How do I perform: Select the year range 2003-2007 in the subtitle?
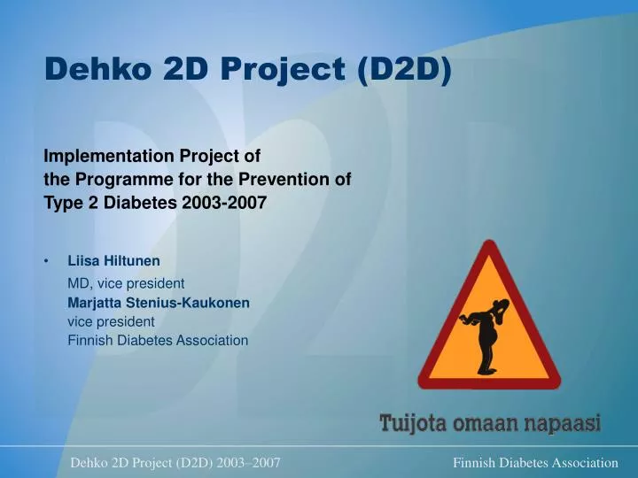[x=224, y=202]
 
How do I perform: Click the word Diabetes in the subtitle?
[x=146, y=202]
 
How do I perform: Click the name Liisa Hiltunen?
[x=114, y=261]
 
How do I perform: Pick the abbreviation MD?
[x=78, y=284]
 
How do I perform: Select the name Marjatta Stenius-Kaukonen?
[x=159, y=303]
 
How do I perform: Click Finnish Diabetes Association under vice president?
[x=158, y=340]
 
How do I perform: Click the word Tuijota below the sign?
[x=413, y=423]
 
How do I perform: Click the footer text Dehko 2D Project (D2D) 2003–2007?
[x=175, y=463]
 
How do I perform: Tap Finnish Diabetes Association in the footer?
[x=535, y=463]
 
